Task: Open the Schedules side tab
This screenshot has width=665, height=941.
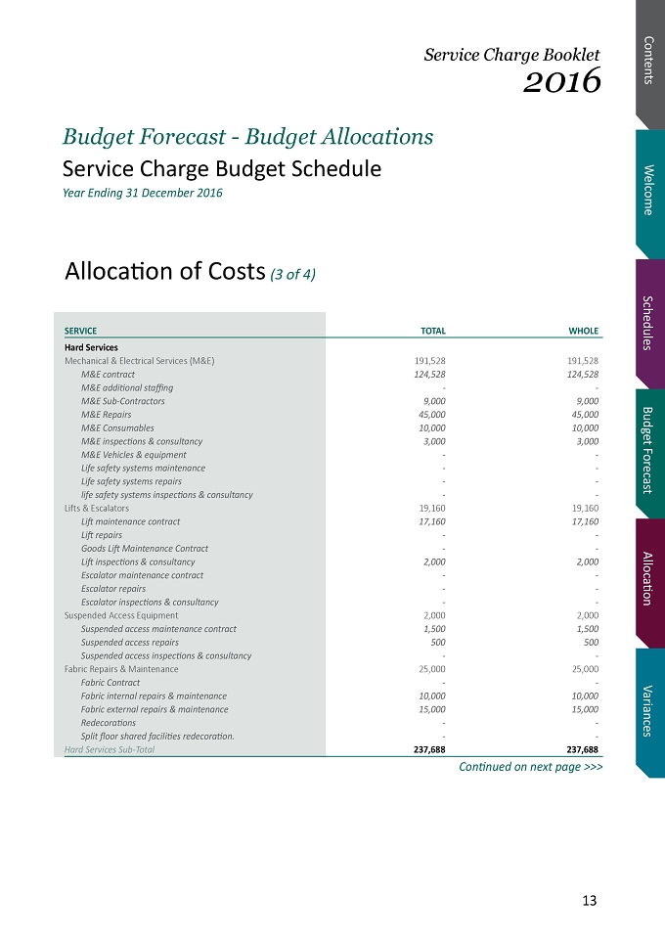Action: pos(648,323)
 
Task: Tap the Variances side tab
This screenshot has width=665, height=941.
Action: pos(648,711)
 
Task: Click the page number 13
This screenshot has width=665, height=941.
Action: pos(590,900)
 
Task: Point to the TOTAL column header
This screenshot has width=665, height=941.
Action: pos(432,331)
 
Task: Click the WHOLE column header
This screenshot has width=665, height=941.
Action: pos(584,331)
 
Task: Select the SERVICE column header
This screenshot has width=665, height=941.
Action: pos(80,331)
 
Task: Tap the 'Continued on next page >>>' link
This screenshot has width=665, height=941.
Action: pos(531,767)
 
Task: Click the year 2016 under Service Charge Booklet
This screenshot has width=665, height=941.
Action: pos(561,81)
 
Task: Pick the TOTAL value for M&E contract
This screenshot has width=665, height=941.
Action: pos(429,375)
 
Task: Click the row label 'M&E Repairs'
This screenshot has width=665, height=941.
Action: pos(107,415)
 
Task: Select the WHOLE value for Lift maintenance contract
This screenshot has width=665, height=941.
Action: pos(585,522)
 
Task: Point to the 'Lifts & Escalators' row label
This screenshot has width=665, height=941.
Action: pos(97,509)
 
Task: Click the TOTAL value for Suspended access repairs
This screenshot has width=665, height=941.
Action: pos(438,642)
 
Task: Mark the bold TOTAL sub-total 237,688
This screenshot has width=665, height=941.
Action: pos(429,749)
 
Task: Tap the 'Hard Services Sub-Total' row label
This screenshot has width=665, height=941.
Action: pos(110,749)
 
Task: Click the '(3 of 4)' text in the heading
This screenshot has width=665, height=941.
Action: pos(292,274)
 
